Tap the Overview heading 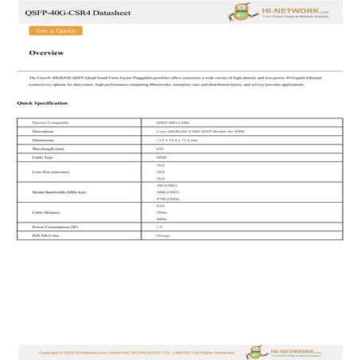click(46, 53)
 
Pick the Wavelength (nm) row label click(48, 148)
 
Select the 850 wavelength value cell click(161, 148)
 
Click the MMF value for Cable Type click(161, 157)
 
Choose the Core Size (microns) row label click(50, 171)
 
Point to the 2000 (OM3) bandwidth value click(168, 192)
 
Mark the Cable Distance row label click(46, 212)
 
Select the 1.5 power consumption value click(160, 226)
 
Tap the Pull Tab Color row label click(47, 235)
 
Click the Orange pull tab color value click(163, 235)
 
